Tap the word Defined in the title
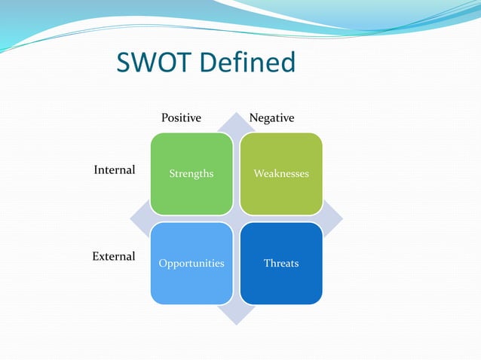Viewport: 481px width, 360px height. tap(247, 63)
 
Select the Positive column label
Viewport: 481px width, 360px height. tap(182, 118)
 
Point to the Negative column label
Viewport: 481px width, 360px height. tap(271, 118)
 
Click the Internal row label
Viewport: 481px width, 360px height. tap(114, 170)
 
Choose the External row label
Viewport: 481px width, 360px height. tap(114, 256)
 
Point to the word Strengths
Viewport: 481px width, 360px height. tap(191, 174)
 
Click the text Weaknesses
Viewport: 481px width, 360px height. tap(281, 174)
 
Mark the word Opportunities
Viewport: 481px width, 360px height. tap(191, 264)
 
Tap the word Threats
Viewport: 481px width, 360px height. tap(281, 264)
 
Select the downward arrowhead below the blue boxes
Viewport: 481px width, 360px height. tap(236, 314)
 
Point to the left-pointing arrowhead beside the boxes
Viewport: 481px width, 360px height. tap(139, 218)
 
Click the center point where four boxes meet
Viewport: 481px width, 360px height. tap(236, 218)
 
